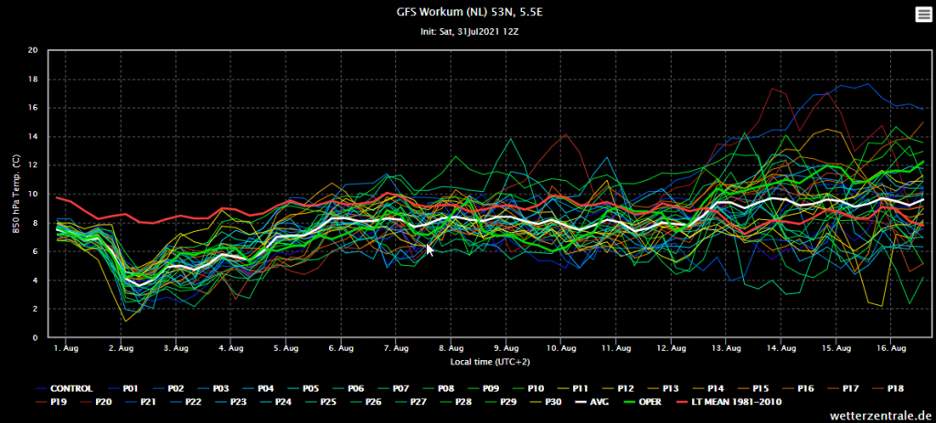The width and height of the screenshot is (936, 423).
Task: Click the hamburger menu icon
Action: pyautogui.click(x=923, y=16)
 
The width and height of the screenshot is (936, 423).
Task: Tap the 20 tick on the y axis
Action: pyautogui.click(x=34, y=51)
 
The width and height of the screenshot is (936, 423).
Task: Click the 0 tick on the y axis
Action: pyautogui.click(x=36, y=338)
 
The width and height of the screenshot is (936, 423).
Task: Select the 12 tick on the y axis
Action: pyautogui.click(x=34, y=165)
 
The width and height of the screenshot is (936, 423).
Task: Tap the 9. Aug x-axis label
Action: pyautogui.click(x=506, y=347)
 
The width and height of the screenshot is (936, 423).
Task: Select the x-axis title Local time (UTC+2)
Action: pyautogui.click(x=490, y=362)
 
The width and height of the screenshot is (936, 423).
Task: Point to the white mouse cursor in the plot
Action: pyautogui.click(x=430, y=249)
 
